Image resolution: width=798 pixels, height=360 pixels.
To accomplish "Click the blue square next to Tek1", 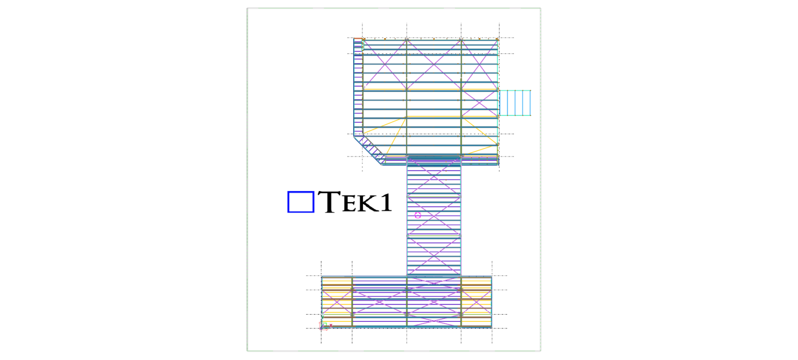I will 301,202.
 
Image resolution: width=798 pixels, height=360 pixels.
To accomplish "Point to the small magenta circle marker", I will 418,215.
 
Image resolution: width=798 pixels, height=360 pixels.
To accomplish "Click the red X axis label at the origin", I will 331,325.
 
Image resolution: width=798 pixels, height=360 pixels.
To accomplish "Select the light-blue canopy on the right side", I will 515,103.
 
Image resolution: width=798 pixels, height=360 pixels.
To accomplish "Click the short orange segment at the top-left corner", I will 358,39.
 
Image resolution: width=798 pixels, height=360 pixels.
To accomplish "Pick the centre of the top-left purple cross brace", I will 384,63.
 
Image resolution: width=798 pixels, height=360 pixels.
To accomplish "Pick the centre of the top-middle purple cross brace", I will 434,63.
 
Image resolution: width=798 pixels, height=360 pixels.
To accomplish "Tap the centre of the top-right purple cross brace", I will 479,63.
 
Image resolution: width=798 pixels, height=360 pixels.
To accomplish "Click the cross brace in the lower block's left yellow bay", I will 337,302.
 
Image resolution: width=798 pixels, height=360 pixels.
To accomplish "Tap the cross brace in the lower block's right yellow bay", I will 476,302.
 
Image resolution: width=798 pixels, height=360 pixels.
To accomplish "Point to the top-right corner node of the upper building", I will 498,39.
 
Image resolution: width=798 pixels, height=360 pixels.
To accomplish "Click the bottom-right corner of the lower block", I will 492,327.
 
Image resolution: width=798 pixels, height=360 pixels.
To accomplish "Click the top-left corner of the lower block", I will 322,277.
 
